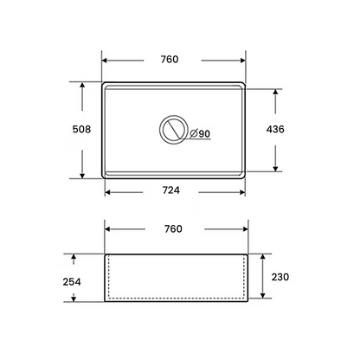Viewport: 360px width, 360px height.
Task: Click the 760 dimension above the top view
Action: point(170,60)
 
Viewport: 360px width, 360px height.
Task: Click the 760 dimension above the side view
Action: point(173,229)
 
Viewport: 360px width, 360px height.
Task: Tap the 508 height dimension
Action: point(81,129)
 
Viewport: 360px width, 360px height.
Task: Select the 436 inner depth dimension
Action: point(275,129)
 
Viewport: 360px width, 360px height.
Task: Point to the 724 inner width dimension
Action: point(171,190)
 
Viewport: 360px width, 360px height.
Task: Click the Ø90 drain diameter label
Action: point(200,133)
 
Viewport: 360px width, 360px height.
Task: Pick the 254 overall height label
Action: point(72,282)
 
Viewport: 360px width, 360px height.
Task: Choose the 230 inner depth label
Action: point(280,277)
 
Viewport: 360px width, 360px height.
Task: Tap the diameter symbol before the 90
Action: point(194,133)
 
